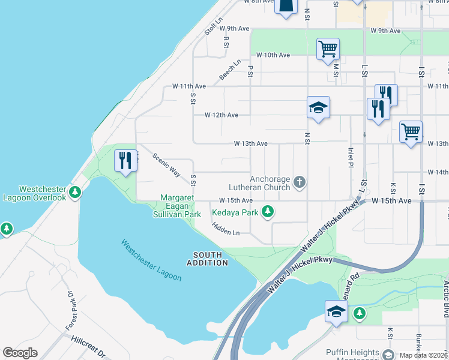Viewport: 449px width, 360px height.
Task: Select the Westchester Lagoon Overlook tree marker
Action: pos(75,192)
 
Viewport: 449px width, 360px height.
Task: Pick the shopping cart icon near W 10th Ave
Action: pos(328,49)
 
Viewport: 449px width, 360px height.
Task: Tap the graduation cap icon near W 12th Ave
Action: pos(318,107)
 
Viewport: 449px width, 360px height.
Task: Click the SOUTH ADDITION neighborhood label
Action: pos(208,259)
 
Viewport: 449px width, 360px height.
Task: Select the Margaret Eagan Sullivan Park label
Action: pos(180,206)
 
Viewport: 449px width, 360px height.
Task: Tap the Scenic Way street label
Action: pos(166,164)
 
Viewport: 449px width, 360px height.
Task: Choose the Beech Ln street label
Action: pos(230,69)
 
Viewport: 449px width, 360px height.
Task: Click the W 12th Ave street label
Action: pos(221,115)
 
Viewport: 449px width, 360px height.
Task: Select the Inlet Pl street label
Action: pos(351,158)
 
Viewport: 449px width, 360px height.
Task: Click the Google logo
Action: pos(19,353)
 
